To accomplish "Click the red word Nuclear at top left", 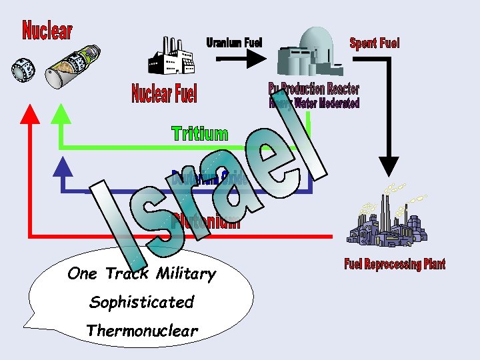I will (x=47, y=30).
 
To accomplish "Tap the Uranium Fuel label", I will (x=234, y=43).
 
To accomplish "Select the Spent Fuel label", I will (x=375, y=43).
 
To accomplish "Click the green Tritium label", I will (x=199, y=133).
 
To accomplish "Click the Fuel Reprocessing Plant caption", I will (x=395, y=265).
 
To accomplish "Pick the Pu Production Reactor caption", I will (x=314, y=89).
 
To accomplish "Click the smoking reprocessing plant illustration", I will (x=387, y=220).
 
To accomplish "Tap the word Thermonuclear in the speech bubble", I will (x=142, y=331).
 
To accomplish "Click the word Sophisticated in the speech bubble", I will (x=141, y=302).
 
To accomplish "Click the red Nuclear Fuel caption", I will (x=165, y=93).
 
